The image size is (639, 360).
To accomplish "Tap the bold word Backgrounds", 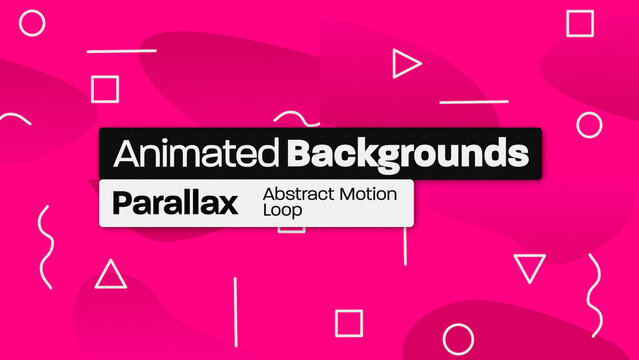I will [x=406, y=154].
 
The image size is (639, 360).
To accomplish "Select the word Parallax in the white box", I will [x=175, y=203].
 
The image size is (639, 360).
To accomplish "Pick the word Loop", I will [x=280, y=211].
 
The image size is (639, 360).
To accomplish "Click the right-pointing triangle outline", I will [x=405, y=65].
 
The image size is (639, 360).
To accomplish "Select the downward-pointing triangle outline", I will [x=530, y=267].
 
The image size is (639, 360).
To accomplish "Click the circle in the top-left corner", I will [x=32, y=22].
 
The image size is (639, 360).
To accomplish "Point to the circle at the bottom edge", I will [x=458, y=340].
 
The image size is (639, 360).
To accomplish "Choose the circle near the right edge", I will [x=590, y=124].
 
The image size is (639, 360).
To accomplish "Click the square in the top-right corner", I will [x=580, y=23].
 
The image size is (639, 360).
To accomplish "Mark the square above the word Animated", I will [x=105, y=90].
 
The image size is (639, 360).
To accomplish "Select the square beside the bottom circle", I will [x=348, y=323].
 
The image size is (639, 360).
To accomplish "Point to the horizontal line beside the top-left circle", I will [x=122, y=50].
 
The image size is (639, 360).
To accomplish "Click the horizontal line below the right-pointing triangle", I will [x=474, y=101].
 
